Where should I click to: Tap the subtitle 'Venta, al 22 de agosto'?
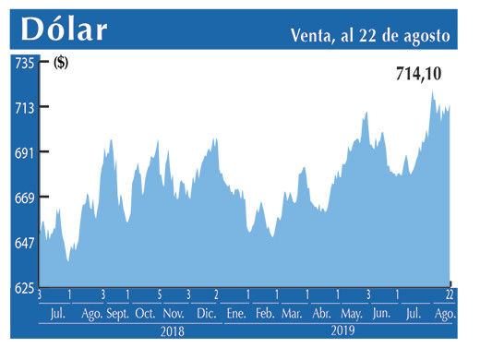point(368,36)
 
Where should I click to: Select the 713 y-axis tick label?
point(23,107)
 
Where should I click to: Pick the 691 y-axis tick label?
point(23,152)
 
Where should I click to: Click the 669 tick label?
point(23,198)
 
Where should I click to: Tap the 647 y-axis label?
point(23,243)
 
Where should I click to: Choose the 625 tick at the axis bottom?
point(23,288)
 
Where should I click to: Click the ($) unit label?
point(62,63)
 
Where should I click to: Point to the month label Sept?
point(119,314)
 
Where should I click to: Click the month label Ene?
point(235,314)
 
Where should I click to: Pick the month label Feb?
point(264,314)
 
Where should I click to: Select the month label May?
point(352,314)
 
